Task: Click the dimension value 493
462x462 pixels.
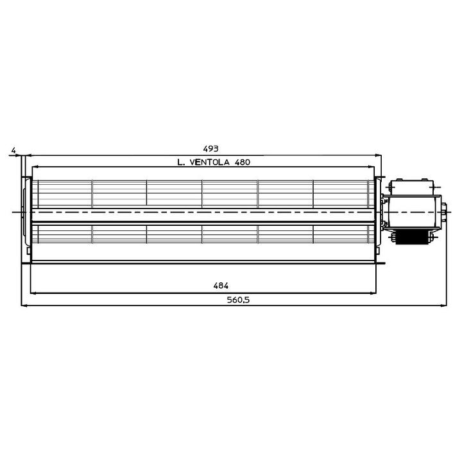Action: (x=210, y=149)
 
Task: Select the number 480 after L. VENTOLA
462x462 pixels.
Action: (x=242, y=162)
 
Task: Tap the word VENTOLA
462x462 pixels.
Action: (x=209, y=162)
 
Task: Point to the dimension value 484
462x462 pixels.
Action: (x=221, y=286)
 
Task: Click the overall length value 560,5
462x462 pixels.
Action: (x=238, y=300)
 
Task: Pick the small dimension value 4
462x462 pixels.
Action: (x=13, y=150)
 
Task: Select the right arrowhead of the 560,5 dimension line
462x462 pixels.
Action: (x=444, y=305)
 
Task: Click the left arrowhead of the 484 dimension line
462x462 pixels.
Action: (x=33, y=293)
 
